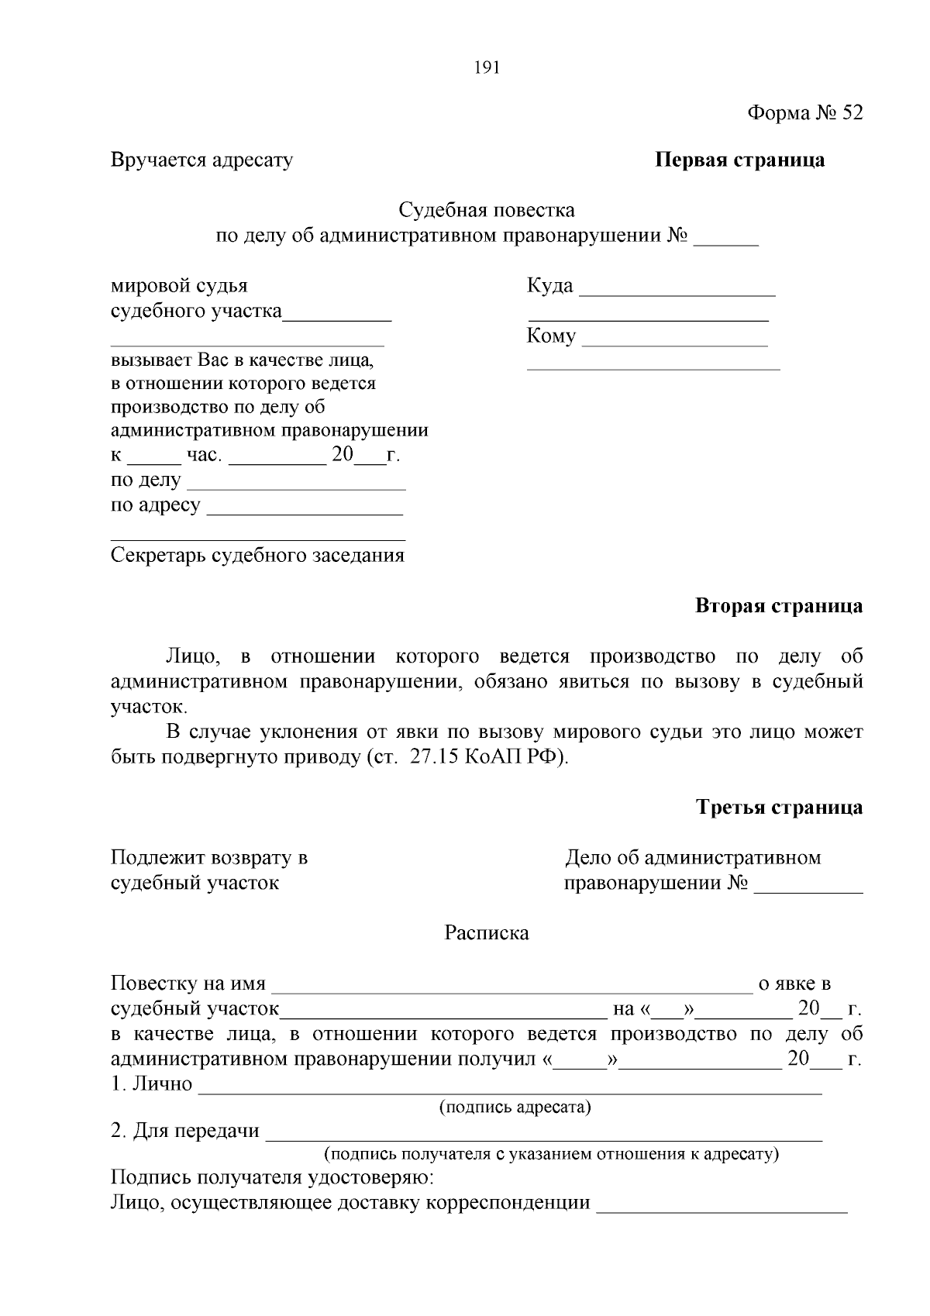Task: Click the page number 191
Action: tap(487, 67)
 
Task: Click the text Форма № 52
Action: tap(804, 113)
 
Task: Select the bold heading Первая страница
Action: tap(739, 160)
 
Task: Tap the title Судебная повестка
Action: tap(487, 210)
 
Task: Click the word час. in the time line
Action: tap(205, 456)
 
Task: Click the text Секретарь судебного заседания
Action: tap(257, 556)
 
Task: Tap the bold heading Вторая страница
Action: tap(778, 606)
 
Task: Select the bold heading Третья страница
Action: tap(779, 808)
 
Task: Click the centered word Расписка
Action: tap(487, 933)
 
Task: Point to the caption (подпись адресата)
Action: tap(515, 1108)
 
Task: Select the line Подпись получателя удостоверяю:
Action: tap(273, 1179)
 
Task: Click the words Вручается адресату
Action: tap(201, 160)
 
